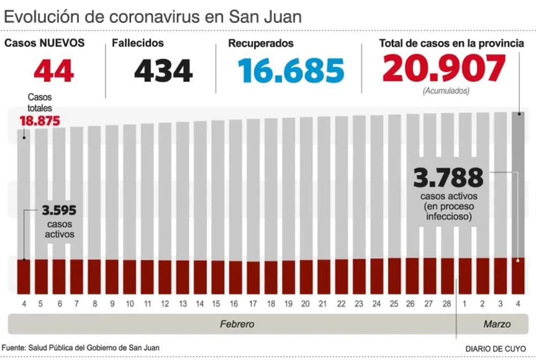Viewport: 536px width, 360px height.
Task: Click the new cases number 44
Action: pos(54,70)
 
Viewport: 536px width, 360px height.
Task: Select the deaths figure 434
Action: pos(163,70)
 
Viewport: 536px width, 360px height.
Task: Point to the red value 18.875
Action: pos(40,121)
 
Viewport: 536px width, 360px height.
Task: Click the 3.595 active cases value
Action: pos(59,211)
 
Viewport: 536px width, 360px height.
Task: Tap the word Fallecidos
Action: pos(138,43)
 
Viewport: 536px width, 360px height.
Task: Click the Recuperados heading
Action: pos(260,43)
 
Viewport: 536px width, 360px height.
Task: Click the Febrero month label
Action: pos(237,324)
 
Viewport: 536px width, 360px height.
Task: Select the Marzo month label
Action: pos(497,324)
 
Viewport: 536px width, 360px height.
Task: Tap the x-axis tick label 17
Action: pos(254,304)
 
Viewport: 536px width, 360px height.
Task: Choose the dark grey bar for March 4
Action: pos(518,182)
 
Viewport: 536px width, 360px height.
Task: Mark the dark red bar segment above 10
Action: pos(130,276)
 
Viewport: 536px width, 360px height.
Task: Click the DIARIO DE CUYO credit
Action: pos(495,348)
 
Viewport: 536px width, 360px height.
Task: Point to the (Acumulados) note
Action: pos(446,91)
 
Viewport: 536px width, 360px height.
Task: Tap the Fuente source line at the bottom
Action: pos(80,348)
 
